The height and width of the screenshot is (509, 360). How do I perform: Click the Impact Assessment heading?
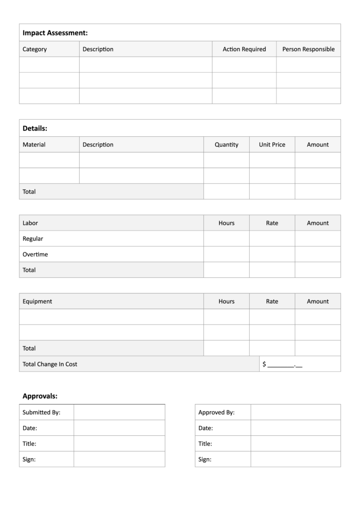click(x=55, y=33)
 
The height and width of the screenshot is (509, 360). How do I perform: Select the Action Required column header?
click(x=244, y=49)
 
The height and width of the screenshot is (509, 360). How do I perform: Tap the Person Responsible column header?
click(x=308, y=49)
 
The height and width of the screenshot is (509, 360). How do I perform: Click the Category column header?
click(x=35, y=49)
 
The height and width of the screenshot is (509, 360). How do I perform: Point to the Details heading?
click(x=35, y=128)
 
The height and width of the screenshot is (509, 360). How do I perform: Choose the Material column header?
click(x=34, y=145)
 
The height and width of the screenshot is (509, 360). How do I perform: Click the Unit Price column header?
click(x=272, y=145)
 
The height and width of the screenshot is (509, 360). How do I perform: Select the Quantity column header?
click(x=226, y=145)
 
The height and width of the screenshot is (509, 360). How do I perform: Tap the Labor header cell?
click(x=30, y=223)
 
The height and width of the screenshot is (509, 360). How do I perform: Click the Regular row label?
click(x=33, y=239)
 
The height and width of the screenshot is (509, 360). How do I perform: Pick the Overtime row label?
click(x=35, y=254)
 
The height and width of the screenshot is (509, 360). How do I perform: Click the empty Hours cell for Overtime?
click(x=226, y=254)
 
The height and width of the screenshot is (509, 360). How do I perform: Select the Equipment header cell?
click(x=37, y=301)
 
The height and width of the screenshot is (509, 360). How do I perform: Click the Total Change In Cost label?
click(x=50, y=364)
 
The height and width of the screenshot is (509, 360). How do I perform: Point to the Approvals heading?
click(x=40, y=396)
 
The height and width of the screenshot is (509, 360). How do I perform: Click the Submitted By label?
click(x=41, y=412)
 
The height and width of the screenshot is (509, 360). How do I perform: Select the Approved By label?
click(x=216, y=412)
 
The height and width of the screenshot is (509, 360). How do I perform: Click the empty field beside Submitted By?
click(x=119, y=412)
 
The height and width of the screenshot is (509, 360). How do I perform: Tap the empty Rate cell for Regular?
click(x=272, y=239)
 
